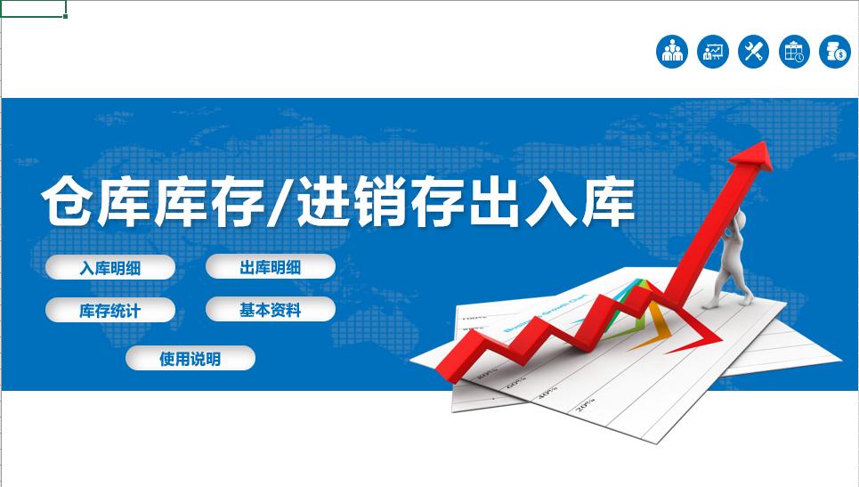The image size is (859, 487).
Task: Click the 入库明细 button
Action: (x=110, y=267)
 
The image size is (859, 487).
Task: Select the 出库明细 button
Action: (x=270, y=267)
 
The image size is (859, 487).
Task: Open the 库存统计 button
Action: (x=110, y=311)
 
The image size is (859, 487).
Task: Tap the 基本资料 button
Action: (x=270, y=310)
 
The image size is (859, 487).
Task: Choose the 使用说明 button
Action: (x=190, y=359)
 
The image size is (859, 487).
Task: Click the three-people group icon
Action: (x=672, y=51)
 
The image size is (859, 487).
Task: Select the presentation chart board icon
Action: (x=713, y=51)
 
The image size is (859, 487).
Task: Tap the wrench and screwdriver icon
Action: (x=754, y=51)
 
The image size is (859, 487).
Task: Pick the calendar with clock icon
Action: (x=794, y=51)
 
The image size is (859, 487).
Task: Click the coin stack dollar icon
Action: (x=835, y=51)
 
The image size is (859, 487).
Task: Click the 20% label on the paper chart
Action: (x=585, y=406)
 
